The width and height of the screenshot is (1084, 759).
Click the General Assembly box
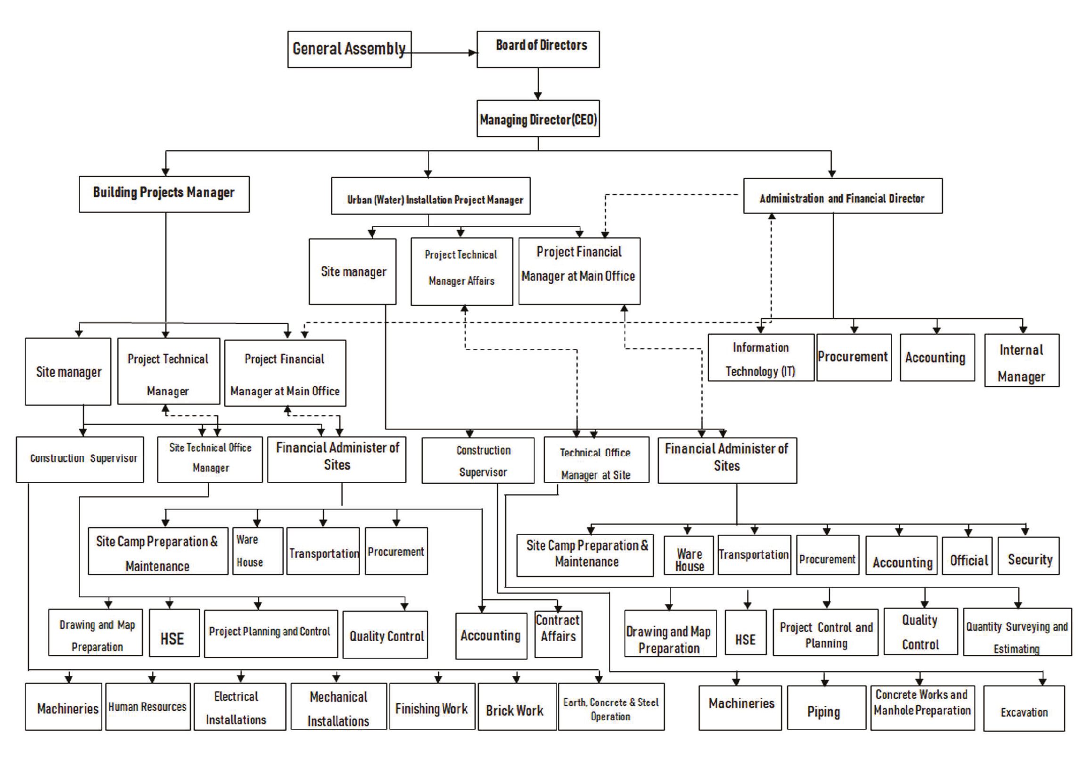349,49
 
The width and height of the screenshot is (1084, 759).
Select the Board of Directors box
538,49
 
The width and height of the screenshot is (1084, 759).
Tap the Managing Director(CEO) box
538,118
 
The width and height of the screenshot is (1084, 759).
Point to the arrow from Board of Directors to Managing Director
538,83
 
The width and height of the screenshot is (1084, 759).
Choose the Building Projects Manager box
164,194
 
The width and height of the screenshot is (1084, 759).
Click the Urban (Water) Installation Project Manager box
431,196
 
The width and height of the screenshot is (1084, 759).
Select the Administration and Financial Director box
843,196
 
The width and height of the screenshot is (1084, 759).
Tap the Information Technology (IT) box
761,357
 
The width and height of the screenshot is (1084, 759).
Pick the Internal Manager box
1022,360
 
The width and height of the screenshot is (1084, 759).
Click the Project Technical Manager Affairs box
462,272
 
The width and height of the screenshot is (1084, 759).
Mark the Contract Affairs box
558,635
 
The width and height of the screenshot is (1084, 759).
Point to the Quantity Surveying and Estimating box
1018,631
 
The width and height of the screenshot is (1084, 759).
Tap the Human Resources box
148,707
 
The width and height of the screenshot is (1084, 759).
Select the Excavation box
1024,709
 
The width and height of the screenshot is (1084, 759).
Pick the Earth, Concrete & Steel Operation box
611,707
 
